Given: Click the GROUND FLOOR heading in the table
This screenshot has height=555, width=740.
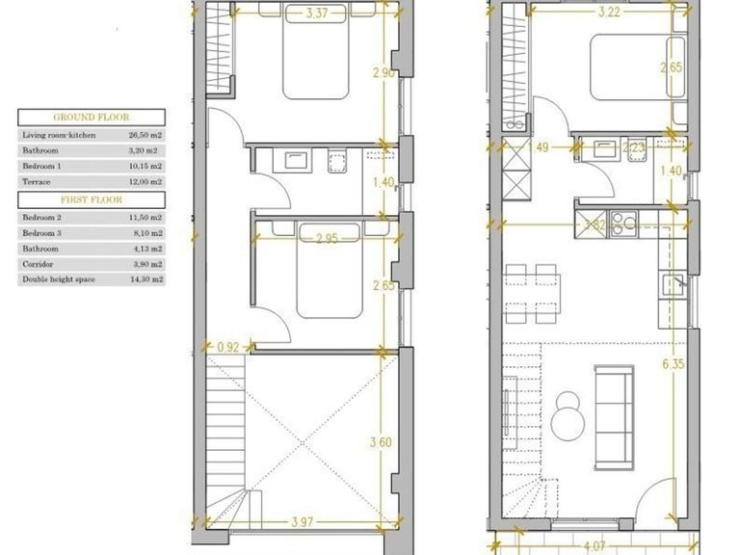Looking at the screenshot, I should point(92,118).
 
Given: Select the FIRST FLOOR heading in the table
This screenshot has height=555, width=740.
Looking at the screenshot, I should point(92,200).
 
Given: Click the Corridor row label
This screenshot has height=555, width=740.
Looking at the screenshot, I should point(38,264).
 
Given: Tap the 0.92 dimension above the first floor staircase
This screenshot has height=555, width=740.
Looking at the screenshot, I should point(228,346).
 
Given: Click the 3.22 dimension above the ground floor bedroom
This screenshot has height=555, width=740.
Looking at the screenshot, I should point(609,13).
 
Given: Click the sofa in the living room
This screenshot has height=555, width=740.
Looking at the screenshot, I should point(615,413).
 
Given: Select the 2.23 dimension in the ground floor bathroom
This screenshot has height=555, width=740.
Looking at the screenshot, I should point(633,147).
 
